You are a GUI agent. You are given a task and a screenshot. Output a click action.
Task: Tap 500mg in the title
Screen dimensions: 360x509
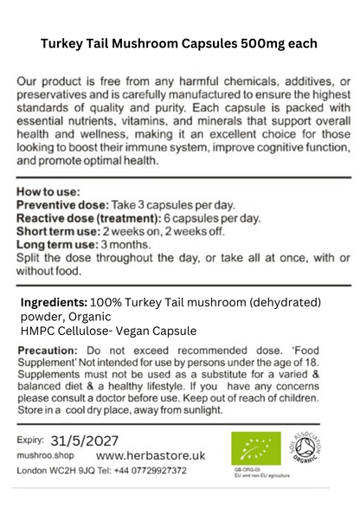(x=273, y=43)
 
